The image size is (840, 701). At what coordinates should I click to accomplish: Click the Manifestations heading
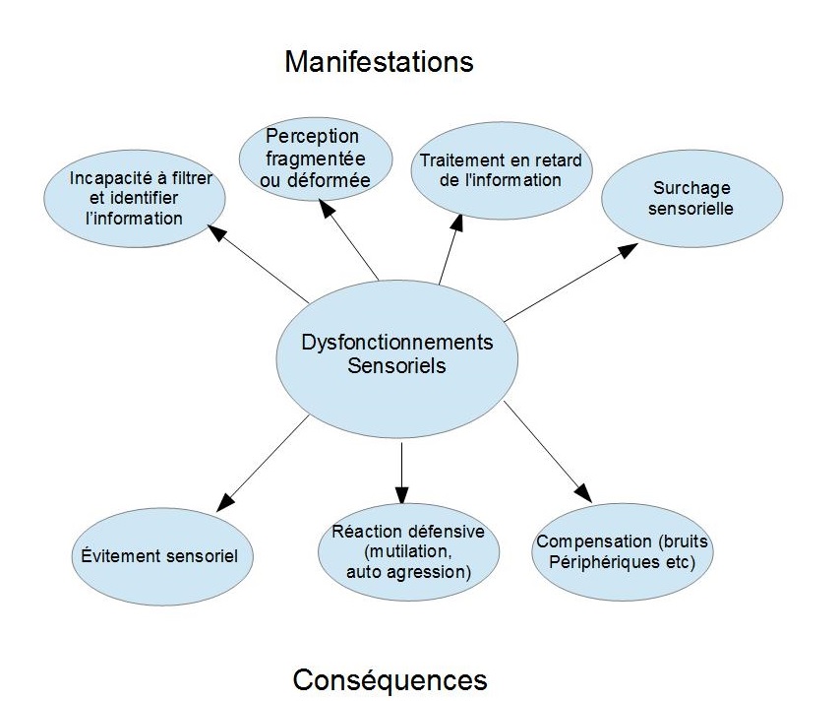379,62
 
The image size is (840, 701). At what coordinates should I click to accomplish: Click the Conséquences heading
390,679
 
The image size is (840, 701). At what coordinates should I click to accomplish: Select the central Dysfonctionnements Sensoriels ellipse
396,355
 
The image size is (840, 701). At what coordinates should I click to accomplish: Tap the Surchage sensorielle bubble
691,198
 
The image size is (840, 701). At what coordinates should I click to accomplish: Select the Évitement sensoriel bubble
161,554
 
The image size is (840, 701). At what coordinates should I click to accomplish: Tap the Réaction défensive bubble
409,550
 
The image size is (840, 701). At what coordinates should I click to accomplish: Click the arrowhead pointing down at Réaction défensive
401,494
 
